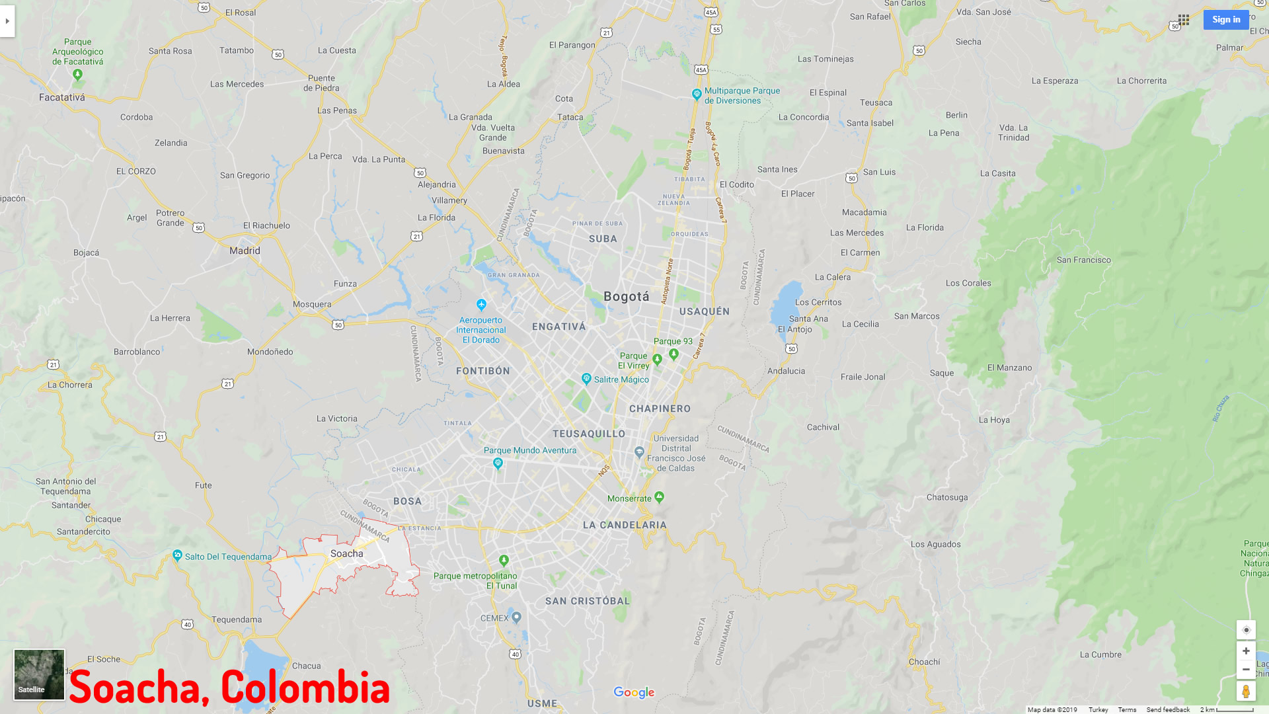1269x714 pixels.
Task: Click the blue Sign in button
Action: click(x=1226, y=20)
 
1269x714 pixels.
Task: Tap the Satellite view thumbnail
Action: click(x=39, y=674)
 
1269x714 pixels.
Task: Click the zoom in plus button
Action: click(x=1246, y=651)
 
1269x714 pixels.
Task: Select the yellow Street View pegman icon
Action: click(x=1246, y=692)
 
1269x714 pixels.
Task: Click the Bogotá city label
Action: click(x=626, y=297)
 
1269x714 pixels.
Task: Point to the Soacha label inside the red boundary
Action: click(x=347, y=554)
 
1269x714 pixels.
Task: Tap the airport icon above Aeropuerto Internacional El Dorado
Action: click(x=481, y=305)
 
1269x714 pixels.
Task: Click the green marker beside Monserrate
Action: click(x=659, y=497)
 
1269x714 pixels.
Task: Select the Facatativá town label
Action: click(x=62, y=97)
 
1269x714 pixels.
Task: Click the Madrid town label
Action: click(x=245, y=251)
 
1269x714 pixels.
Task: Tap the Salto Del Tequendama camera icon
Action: click(x=177, y=555)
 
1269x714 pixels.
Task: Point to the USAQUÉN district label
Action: click(x=705, y=311)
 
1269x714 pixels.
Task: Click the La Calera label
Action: click(x=833, y=277)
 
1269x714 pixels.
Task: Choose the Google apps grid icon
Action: click(x=1184, y=20)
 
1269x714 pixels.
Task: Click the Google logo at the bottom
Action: click(x=634, y=692)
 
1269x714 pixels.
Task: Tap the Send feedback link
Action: click(x=1168, y=709)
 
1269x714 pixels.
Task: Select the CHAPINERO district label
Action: click(x=660, y=409)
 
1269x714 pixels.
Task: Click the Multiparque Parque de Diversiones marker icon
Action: click(x=696, y=95)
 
